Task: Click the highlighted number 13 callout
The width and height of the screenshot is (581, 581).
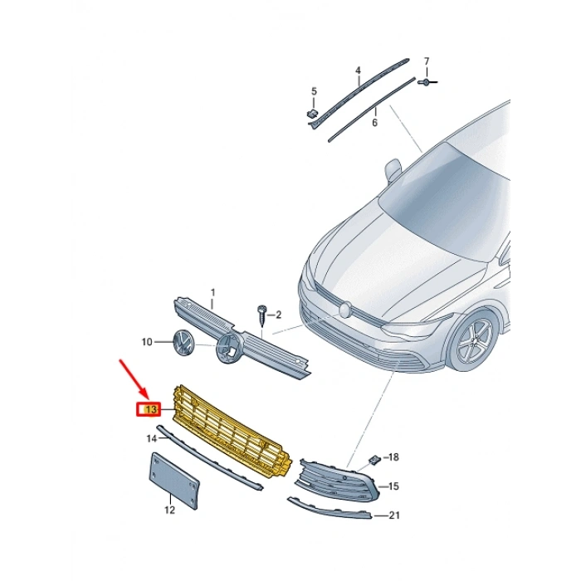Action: (x=150, y=409)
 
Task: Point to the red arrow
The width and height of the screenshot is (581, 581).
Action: (x=133, y=378)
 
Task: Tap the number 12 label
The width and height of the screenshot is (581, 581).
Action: (x=169, y=510)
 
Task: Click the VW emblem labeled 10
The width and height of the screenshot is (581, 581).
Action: (x=181, y=342)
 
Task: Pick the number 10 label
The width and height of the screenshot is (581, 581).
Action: (x=146, y=342)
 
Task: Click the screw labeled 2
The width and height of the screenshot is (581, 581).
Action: (x=261, y=315)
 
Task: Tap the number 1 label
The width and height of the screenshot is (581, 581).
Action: (x=212, y=293)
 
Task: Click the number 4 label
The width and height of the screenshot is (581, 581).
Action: (x=358, y=71)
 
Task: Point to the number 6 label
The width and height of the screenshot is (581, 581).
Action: (x=374, y=123)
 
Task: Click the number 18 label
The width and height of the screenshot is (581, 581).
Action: (x=393, y=457)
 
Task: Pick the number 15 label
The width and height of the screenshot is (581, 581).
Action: (x=393, y=486)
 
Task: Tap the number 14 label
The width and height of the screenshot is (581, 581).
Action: (x=151, y=437)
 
